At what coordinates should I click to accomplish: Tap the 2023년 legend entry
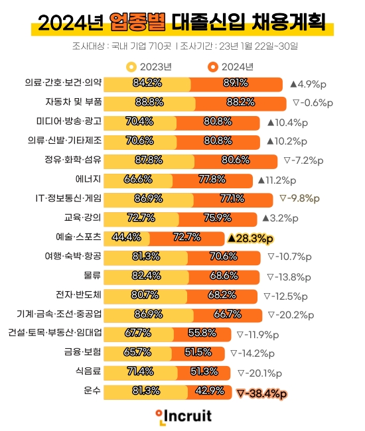click(149, 67)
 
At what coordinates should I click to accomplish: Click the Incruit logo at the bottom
click(183, 416)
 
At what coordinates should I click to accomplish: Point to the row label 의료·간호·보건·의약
click(63, 83)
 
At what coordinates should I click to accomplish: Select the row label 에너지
click(88, 179)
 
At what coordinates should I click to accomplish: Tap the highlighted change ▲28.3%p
click(250, 237)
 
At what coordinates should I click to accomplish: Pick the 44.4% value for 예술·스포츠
click(126, 237)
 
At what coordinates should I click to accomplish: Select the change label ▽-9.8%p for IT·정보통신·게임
click(299, 198)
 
